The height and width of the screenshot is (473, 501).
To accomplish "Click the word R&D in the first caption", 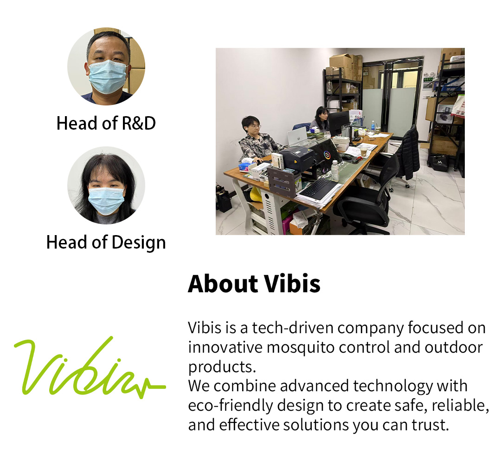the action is point(139,123).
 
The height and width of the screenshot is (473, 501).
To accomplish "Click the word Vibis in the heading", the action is point(292,283).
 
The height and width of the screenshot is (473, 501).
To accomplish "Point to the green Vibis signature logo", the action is point(90,368).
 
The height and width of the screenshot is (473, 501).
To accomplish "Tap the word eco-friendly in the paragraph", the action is point(231,406).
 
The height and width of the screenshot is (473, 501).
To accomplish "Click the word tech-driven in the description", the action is point(293,328).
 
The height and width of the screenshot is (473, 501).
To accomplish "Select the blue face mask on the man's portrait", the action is point(107,77).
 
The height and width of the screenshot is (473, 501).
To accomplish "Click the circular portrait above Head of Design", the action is point(106,185).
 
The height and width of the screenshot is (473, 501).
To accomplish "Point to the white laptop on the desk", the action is point(297,136).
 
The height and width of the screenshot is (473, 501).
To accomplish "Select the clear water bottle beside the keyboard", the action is point(335,171).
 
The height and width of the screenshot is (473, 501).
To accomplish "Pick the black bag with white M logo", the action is point(439,163).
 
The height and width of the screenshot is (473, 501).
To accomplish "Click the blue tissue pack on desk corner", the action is point(245,166).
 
